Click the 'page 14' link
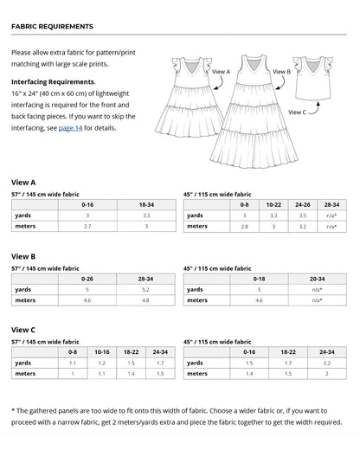(70, 128)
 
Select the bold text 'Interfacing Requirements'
(53, 81)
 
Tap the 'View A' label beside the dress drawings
(221, 72)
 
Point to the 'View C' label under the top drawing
(296, 112)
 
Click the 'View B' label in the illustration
(281, 72)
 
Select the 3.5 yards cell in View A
(303, 215)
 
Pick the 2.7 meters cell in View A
(87, 226)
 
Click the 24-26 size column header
(303, 205)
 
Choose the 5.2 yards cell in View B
(145, 290)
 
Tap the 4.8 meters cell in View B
(145, 300)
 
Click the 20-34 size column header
(317, 280)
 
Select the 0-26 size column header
(87, 280)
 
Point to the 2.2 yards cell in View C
(326, 363)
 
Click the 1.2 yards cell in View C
(102, 363)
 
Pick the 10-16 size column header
(102, 353)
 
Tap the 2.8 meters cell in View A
(245, 226)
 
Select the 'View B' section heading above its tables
(23, 257)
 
